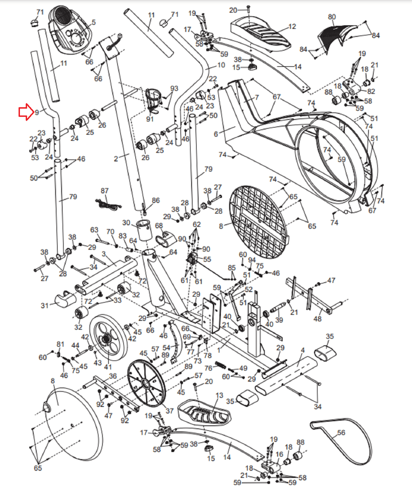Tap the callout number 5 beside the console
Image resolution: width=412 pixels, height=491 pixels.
(x=94, y=22)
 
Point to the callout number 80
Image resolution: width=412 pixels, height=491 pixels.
(x=332, y=17)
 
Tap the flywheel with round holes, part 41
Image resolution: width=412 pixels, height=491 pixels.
(x=108, y=338)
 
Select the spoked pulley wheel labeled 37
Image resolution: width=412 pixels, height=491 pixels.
(x=146, y=383)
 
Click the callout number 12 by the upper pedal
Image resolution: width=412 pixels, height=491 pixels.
(x=292, y=27)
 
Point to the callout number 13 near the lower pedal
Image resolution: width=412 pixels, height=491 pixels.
(x=219, y=395)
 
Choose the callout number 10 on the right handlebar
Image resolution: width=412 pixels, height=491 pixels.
(x=221, y=65)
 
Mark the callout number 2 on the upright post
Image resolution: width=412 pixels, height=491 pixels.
(x=116, y=159)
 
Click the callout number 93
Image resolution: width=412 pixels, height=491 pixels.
(x=174, y=88)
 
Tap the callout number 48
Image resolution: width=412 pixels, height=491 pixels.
(x=318, y=319)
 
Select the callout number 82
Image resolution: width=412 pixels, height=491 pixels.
(x=371, y=91)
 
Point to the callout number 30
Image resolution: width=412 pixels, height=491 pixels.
(x=126, y=222)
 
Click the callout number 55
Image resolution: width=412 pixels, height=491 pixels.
(x=207, y=259)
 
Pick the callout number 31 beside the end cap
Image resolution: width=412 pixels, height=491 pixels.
(x=45, y=305)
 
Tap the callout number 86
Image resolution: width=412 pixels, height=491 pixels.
(x=156, y=200)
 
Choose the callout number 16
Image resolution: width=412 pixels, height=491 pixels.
(x=279, y=454)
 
